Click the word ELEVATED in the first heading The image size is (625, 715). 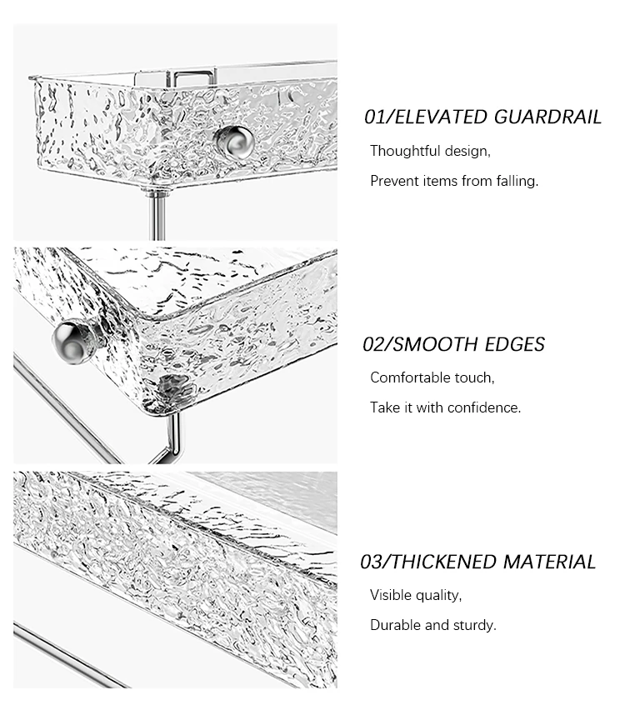441,117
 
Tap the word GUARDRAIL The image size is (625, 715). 547,117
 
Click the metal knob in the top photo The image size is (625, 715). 234,142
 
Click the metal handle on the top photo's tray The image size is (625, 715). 193,76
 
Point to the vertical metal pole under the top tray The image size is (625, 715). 157,214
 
